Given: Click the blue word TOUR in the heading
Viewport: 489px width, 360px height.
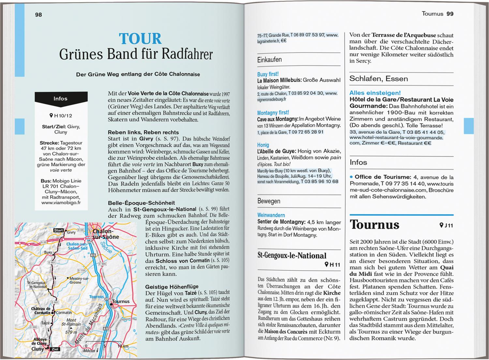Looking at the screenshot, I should tap(140, 39).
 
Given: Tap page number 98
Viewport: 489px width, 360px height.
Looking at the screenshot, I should tap(38, 15).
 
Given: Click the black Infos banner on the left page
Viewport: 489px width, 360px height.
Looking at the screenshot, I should tap(61, 98).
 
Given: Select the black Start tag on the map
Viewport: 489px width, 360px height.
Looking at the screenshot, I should tap(59, 230).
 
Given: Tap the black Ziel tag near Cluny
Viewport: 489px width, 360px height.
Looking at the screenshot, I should tap(55, 349).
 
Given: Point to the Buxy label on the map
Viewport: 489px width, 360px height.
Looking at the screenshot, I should tap(48, 252).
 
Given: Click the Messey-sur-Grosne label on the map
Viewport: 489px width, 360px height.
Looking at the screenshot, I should tap(78, 280).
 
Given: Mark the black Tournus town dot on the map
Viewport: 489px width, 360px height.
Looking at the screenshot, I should tap(111, 304).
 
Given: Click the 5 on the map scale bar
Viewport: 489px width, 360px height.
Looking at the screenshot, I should tap(104, 346).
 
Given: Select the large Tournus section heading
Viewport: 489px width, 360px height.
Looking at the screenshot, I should tap(374, 225).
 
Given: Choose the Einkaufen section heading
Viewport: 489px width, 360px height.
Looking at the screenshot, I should tap(269, 60).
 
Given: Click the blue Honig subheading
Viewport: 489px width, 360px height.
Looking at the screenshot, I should tap(263, 145).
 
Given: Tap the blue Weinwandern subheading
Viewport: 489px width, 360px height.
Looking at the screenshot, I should tap(271, 215).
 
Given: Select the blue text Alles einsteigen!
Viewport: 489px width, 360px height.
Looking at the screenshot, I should tap(375, 93).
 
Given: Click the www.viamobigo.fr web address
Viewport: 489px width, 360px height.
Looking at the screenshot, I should tap(61, 202).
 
